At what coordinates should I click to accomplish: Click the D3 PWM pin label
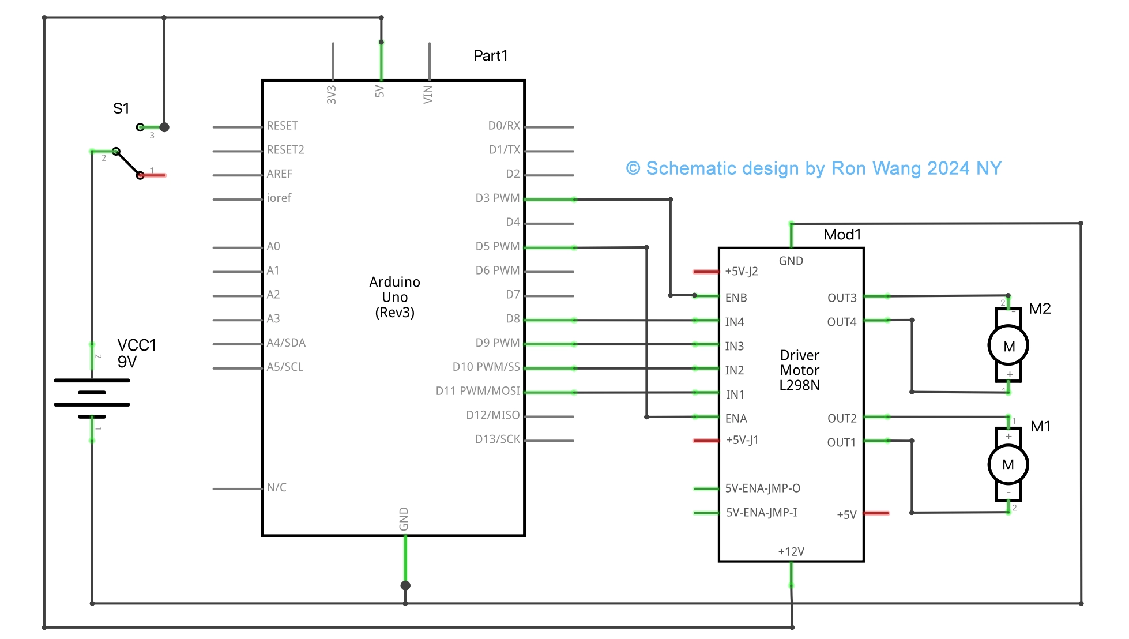coord(497,198)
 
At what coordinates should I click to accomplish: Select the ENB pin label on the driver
coord(736,298)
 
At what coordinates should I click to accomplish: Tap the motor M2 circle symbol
coord(1008,346)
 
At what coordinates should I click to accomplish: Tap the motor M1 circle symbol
coord(1008,464)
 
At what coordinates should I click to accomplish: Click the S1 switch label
coord(121,108)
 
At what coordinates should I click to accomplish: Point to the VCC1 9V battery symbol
coord(92,398)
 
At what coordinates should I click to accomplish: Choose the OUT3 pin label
coord(841,298)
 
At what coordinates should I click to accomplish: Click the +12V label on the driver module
coord(791,551)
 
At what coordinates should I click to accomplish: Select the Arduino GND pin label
coord(404,519)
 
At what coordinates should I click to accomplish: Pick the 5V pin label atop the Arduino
coord(379,91)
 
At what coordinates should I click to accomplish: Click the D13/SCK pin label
coord(497,439)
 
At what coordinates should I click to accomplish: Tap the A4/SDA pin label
coord(286,343)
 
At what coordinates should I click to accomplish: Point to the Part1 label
coord(490,55)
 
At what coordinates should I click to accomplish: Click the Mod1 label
coord(842,234)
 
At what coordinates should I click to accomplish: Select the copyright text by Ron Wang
coord(813,168)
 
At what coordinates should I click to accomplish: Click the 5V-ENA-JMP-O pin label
coord(762,488)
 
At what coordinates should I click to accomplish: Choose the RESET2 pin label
coord(285,150)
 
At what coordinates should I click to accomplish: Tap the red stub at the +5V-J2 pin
coord(705,272)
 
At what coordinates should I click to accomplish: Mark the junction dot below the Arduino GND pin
coord(405,585)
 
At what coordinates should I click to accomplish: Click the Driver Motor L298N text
coord(799,370)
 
